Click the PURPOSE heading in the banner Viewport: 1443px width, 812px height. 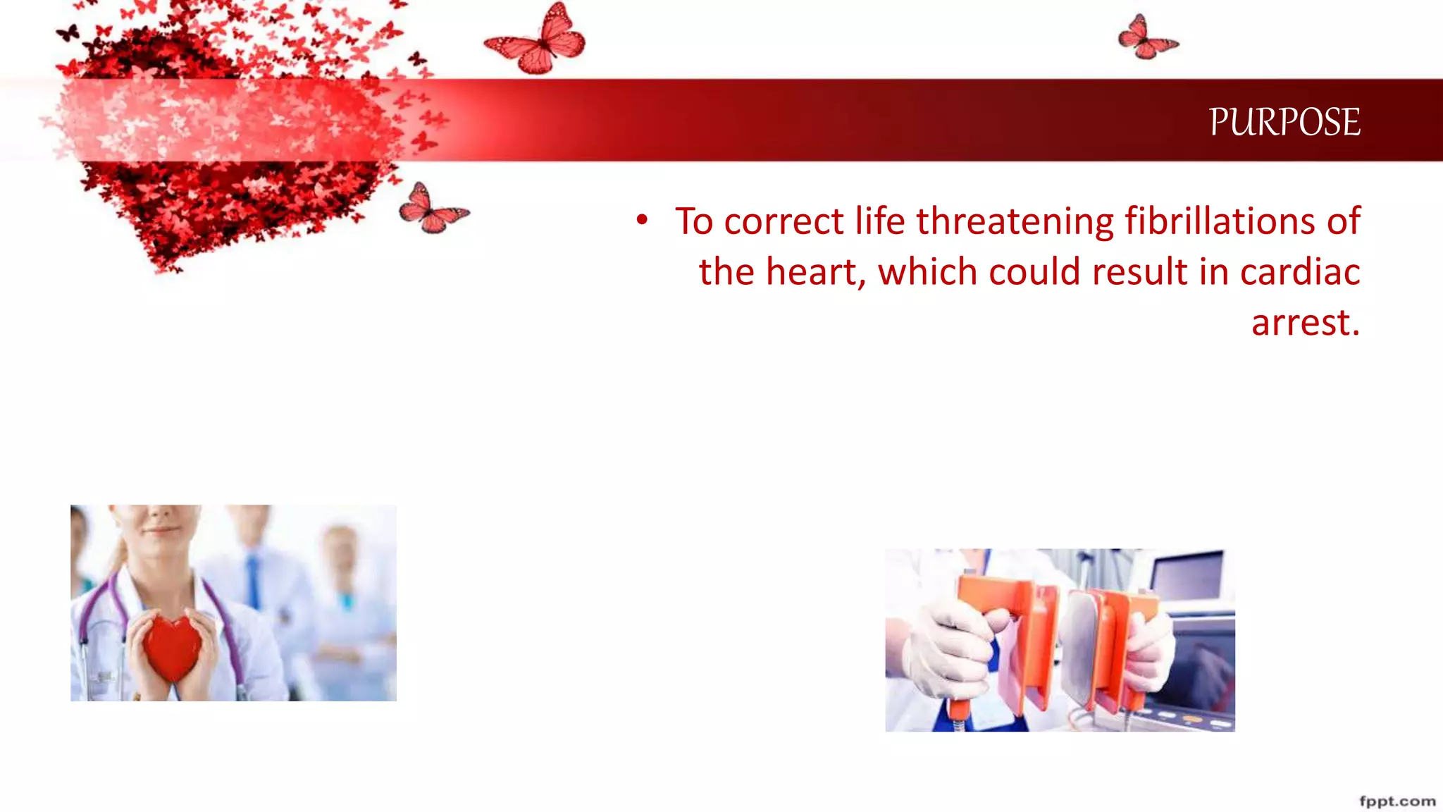(1284, 122)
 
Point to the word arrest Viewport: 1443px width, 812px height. (1305, 323)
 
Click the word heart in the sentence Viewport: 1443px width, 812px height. (815, 272)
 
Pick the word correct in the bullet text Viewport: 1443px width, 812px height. (784, 221)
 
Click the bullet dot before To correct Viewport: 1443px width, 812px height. (641, 220)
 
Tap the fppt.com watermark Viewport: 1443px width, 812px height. (1396, 801)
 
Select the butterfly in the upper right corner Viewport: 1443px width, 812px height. (1146, 38)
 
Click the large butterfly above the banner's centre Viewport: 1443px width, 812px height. (539, 41)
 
